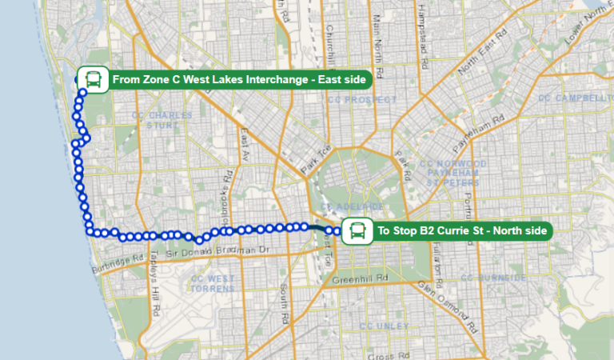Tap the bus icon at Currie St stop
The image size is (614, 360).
[356, 231]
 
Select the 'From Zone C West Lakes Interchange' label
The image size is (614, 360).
[239, 80]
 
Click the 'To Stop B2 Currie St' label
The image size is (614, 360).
[461, 231]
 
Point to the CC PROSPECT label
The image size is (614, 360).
[361, 100]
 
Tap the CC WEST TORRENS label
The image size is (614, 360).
[213, 283]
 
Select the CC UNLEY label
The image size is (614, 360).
[384, 326]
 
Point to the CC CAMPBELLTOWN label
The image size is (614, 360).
[576, 98]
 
